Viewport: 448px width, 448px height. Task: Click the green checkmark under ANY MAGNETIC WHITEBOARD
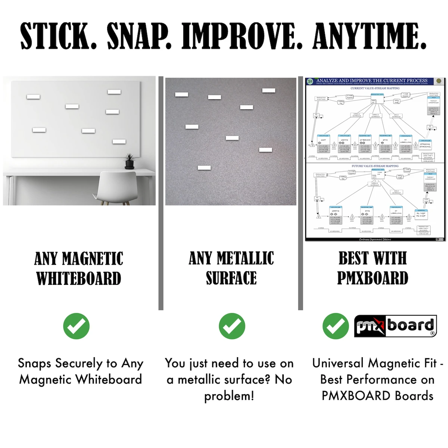click(x=77, y=326)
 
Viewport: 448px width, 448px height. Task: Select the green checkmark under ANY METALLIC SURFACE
click(x=232, y=326)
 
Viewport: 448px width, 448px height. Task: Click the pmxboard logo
click(x=395, y=326)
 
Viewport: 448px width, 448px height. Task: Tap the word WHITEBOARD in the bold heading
click(x=79, y=279)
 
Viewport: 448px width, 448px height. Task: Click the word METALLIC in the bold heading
click(x=245, y=258)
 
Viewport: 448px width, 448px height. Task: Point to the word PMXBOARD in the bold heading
click(x=373, y=278)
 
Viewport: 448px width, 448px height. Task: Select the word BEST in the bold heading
click(x=353, y=258)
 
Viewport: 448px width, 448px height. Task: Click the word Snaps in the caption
click(x=35, y=363)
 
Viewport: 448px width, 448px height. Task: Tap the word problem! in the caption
click(x=229, y=396)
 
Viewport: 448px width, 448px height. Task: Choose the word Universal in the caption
click(x=338, y=363)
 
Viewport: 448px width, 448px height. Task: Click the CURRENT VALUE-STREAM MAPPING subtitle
click(x=375, y=88)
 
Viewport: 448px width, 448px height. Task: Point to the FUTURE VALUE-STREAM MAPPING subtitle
click(x=375, y=166)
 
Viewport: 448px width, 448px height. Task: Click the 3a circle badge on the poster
click(x=309, y=81)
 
